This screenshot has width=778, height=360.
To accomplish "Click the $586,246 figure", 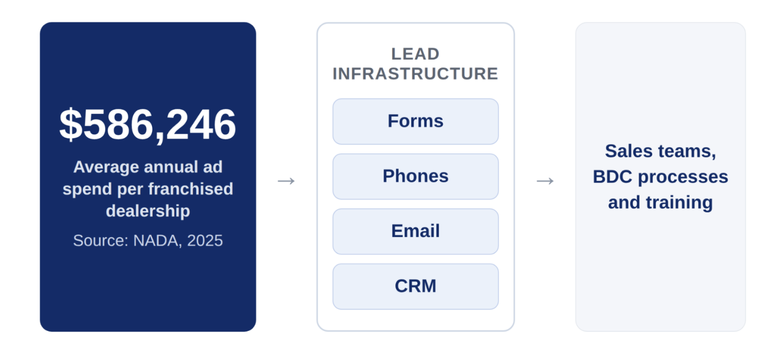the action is point(148,124).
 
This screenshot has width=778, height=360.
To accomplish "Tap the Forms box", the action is point(416,121).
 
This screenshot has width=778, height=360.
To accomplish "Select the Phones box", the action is point(416,177).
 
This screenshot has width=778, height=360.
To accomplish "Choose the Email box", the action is point(416,232).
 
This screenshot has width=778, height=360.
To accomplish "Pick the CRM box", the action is point(416,286).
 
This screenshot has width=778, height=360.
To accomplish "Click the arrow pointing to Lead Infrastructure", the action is point(286,180).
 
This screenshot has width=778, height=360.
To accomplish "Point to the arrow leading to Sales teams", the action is point(545,180).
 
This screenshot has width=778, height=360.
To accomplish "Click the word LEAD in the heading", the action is point(416,54).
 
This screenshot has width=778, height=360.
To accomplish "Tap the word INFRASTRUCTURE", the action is point(416,74).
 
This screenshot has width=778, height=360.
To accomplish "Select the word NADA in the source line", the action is point(157,240).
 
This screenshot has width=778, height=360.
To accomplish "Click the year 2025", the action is point(205,240).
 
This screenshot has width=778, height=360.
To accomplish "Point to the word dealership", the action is point(148,210).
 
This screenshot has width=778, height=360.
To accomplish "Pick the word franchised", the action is point(191,189).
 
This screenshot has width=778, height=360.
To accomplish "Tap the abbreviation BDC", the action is point(612,177).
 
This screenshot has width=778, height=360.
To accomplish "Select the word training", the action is point(679,203).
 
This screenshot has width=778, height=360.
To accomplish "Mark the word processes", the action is point(683,177).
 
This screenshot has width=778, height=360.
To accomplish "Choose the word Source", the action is point(101,240).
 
